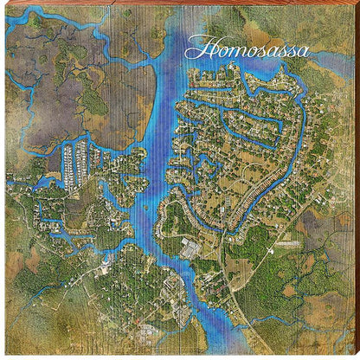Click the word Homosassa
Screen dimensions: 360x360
point(247,48)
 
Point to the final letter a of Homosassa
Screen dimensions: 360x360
point(303,50)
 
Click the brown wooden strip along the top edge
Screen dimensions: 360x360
point(180,3)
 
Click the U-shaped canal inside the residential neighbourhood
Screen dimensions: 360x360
point(260,130)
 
